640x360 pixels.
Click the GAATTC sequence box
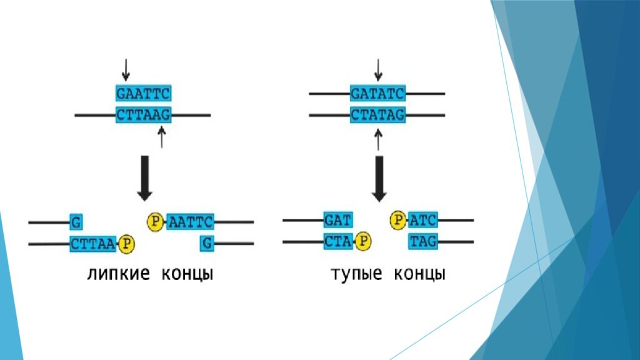(143, 94)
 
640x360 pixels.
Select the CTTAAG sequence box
(143, 115)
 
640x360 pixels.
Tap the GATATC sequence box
(377, 94)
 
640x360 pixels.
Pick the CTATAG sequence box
(377, 115)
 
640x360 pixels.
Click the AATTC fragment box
(191, 221)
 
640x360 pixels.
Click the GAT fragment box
(338, 221)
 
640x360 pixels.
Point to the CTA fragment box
(338, 241)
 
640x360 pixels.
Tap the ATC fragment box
(422, 221)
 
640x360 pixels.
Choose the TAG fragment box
(422, 241)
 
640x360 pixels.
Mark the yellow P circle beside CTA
(363, 241)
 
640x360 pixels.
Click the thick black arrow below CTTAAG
(144, 178)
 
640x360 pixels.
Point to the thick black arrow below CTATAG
(379, 178)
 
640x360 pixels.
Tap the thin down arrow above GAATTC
(126, 70)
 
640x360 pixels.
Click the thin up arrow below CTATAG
(377, 139)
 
